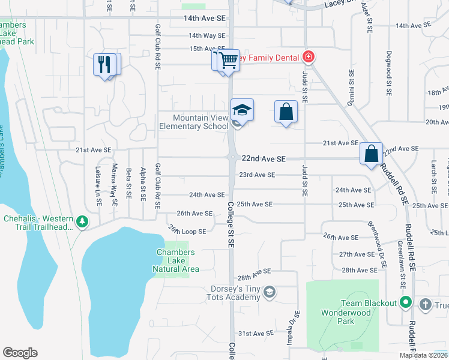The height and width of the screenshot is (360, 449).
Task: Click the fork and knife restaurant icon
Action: tap(104, 64)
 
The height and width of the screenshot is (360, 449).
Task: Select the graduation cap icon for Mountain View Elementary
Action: tap(242, 110)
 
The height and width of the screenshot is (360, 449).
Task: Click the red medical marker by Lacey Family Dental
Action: tap(308, 57)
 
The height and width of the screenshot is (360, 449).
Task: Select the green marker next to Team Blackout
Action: tap(406, 303)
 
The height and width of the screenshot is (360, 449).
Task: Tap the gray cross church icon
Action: tap(426, 304)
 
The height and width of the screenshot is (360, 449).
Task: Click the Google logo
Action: tap(20, 353)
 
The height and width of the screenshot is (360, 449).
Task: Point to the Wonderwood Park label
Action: tap(346, 317)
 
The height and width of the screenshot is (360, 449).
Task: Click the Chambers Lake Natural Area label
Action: tap(175, 261)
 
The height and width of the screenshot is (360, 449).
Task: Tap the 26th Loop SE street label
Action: tap(187, 231)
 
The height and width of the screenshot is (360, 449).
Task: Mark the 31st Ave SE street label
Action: tap(256, 333)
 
